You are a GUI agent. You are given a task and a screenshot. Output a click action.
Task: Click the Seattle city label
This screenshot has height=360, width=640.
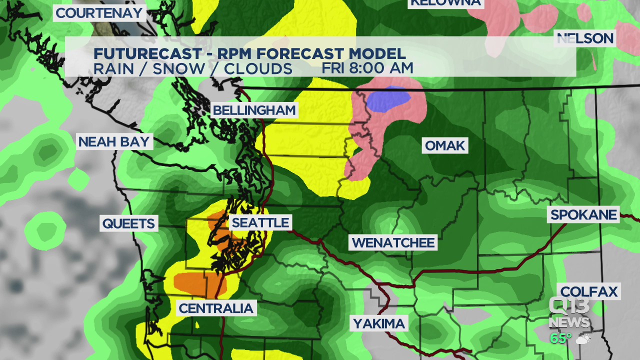[x=260, y=222]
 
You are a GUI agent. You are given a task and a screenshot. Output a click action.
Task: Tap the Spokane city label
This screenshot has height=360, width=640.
[x=583, y=215]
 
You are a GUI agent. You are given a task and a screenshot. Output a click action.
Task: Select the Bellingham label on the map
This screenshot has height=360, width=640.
[x=254, y=110]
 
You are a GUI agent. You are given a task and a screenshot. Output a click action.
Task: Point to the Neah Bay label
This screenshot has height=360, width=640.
[x=114, y=142]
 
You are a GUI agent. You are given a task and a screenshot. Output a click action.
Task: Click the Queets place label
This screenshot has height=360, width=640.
[x=129, y=223]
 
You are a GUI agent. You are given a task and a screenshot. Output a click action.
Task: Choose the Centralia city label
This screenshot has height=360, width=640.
[x=216, y=308]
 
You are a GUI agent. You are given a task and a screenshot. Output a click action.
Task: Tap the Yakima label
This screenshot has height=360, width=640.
[x=379, y=323]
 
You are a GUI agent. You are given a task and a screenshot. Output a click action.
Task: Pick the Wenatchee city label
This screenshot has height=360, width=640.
[x=393, y=243]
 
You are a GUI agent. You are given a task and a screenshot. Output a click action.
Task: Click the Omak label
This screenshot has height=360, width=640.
[x=445, y=146]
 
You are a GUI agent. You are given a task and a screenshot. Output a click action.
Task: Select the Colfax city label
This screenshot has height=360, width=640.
[x=589, y=292]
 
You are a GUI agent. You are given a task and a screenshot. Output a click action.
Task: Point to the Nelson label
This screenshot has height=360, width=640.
[x=585, y=38]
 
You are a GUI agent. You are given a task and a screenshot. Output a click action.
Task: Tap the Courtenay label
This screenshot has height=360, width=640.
[x=99, y=13]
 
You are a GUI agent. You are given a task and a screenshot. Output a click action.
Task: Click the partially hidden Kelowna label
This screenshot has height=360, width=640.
[x=445, y=3]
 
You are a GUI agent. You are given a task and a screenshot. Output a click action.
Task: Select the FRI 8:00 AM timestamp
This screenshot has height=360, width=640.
[x=367, y=68]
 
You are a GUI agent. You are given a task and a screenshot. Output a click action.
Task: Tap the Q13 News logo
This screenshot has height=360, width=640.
[x=569, y=312]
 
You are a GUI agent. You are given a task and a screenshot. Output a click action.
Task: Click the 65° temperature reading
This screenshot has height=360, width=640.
[x=560, y=338]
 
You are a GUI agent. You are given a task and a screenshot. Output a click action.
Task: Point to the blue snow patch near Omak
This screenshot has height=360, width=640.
[x=388, y=98]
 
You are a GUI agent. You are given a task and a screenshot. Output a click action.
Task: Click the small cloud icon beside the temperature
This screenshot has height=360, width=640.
[x=583, y=339]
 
